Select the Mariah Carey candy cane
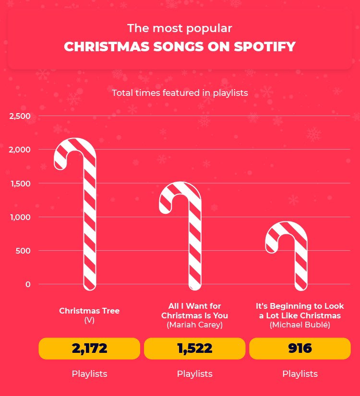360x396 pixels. (x=195, y=240)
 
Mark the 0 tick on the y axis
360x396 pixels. (x=27, y=284)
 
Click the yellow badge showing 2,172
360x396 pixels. (x=89, y=349)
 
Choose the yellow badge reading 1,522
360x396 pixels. (x=194, y=349)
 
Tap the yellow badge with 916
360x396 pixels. (x=300, y=349)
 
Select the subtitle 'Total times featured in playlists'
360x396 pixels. (x=180, y=93)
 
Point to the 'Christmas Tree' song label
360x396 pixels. (x=89, y=311)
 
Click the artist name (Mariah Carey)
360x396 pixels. (x=194, y=325)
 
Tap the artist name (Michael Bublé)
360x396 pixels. (x=300, y=325)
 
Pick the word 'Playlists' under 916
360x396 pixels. (x=300, y=374)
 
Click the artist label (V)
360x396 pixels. (x=89, y=320)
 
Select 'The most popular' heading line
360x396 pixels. (x=180, y=28)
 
